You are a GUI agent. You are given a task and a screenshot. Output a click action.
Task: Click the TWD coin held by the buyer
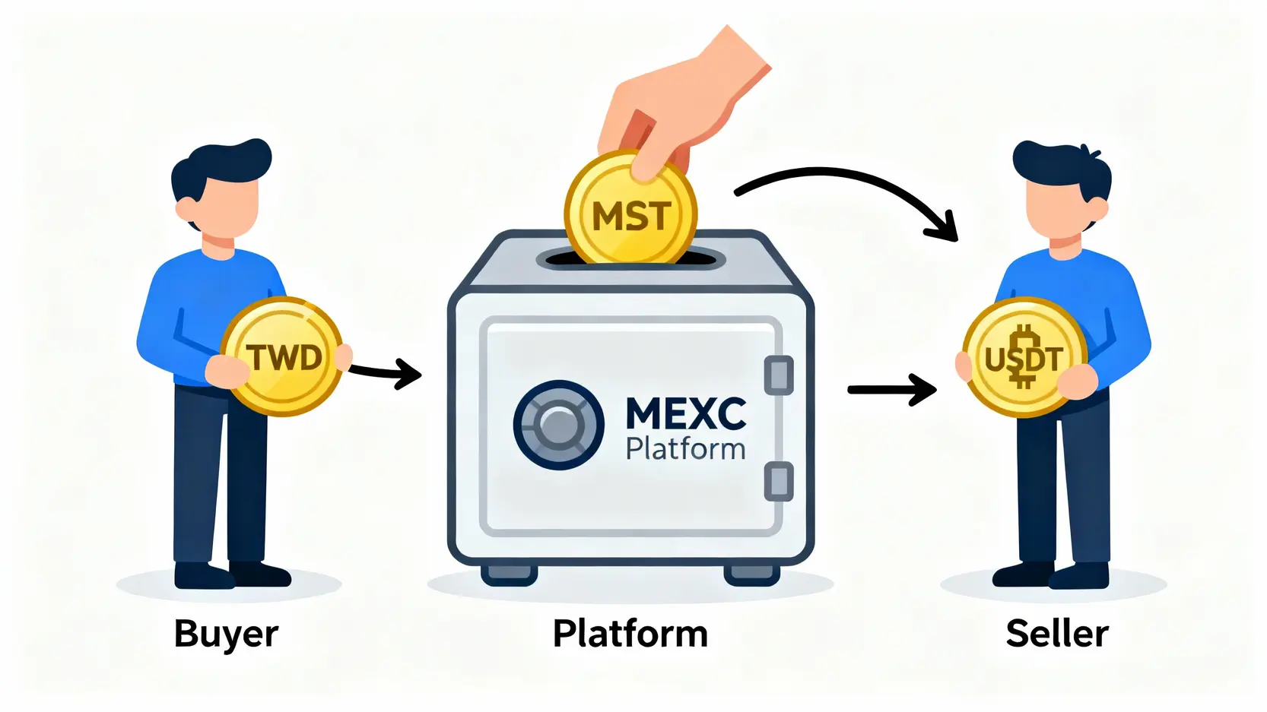click(x=283, y=356)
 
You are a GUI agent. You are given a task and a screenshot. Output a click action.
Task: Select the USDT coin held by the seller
click(x=1024, y=357)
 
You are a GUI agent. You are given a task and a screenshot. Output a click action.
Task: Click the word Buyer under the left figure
click(x=226, y=634)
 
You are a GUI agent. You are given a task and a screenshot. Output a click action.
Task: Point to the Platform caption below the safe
click(x=630, y=634)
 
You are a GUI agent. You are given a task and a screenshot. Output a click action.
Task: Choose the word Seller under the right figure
click(x=1056, y=634)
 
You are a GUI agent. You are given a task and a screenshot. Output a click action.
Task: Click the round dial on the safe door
click(x=558, y=424)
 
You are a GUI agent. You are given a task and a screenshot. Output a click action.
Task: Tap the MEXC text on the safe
click(x=685, y=414)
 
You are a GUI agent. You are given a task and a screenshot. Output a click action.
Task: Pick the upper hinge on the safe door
click(x=777, y=375)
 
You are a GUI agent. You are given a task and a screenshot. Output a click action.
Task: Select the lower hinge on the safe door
click(x=777, y=481)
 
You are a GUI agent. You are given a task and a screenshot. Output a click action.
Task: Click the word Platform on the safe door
click(x=685, y=449)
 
